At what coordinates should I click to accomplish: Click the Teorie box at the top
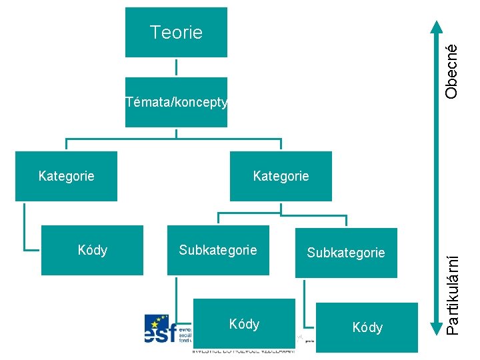(176, 33)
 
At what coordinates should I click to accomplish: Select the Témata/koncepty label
(177, 103)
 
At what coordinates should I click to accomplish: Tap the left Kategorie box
(66, 177)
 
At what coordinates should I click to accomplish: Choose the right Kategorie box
(281, 177)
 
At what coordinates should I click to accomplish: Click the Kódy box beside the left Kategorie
(92, 250)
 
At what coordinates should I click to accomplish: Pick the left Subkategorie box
(217, 250)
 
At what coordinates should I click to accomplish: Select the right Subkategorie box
(346, 253)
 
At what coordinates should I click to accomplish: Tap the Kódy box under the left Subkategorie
(244, 324)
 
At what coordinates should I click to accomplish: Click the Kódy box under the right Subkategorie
(367, 327)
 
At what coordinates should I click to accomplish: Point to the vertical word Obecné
(452, 71)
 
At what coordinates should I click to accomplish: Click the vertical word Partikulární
(452, 286)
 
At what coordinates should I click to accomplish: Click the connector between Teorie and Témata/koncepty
(177, 67)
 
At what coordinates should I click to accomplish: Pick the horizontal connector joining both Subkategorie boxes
(282, 215)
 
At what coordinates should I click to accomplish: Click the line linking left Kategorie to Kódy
(25, 227)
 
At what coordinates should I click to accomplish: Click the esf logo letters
(160, 331)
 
